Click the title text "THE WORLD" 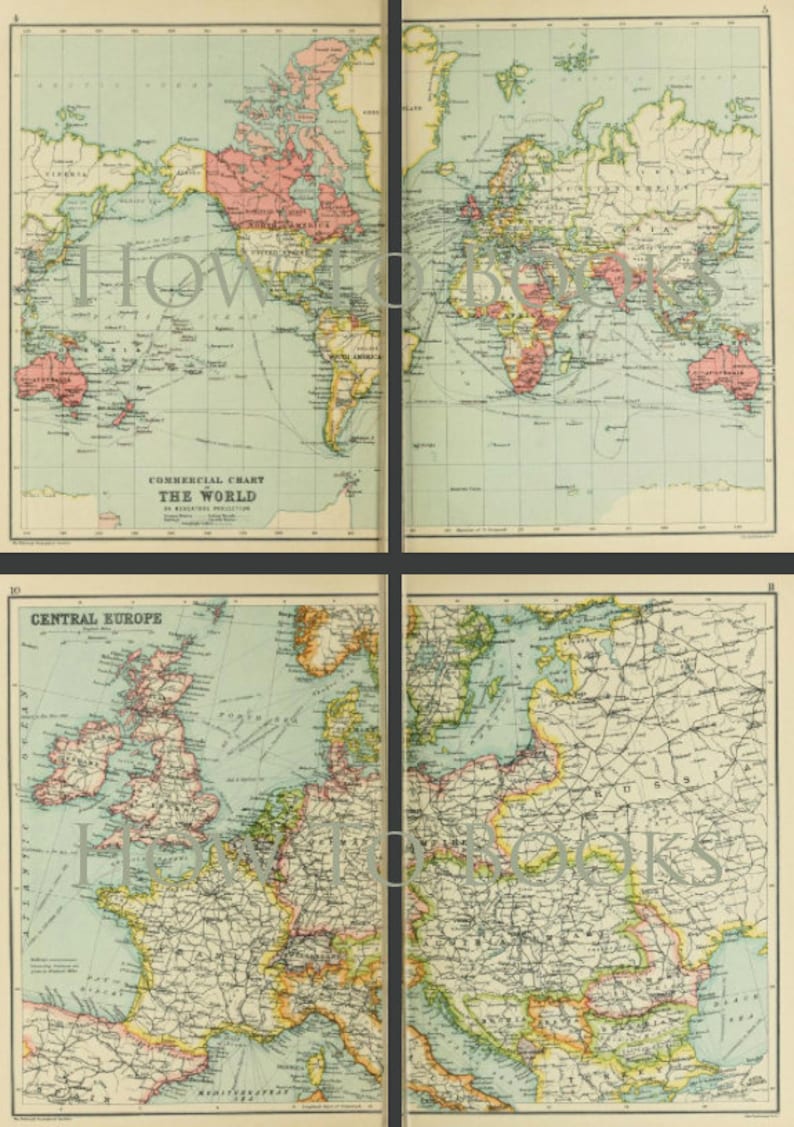pos(204,495)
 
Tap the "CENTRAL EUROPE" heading pos(96,618)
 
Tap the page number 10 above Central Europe pos(15,592)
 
